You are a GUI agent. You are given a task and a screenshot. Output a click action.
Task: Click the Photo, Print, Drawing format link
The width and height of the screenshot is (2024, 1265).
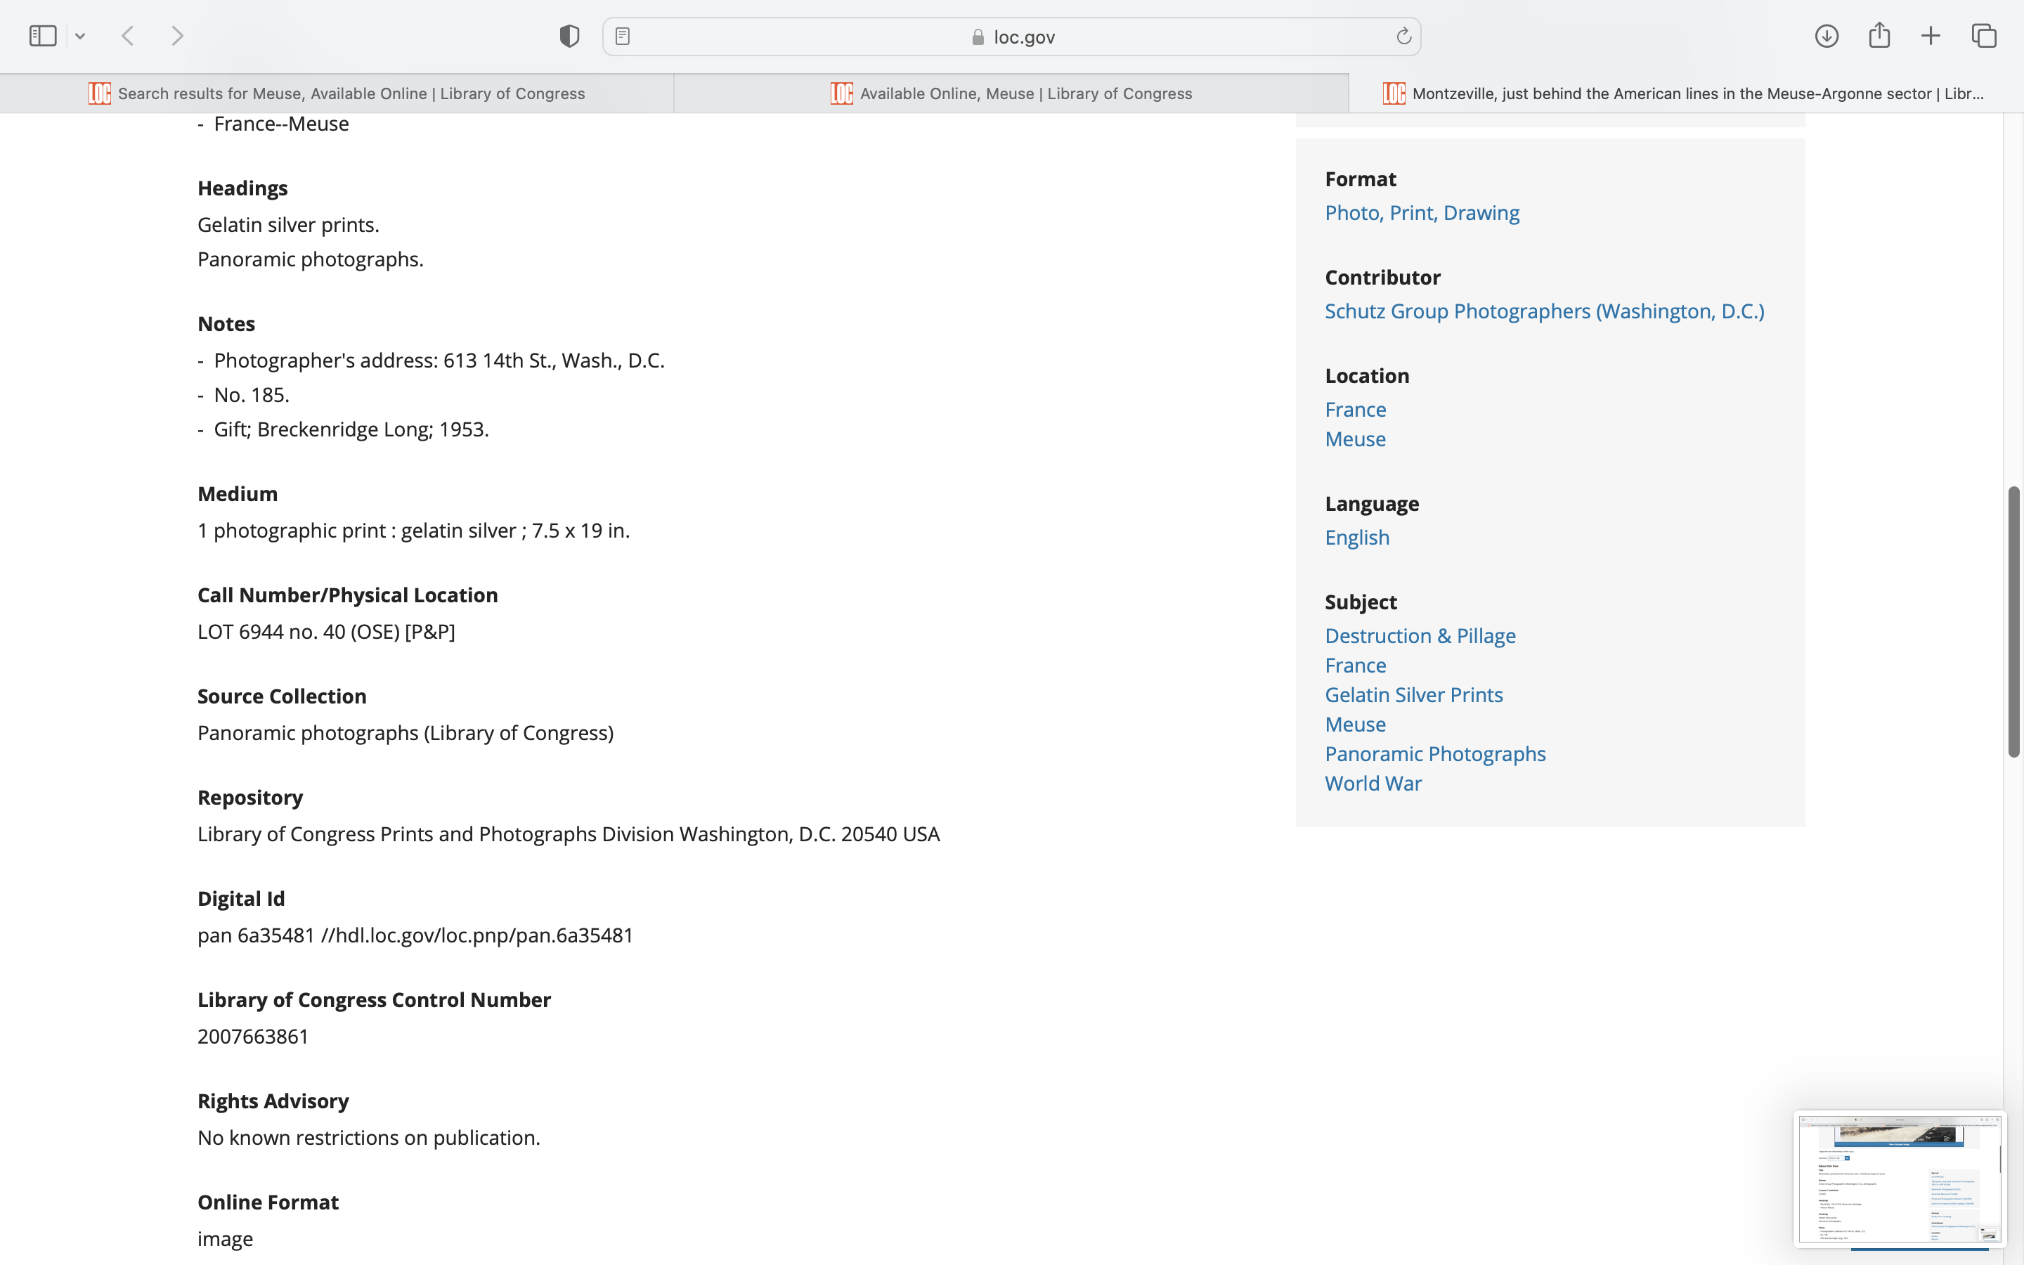(x=1422, y=214)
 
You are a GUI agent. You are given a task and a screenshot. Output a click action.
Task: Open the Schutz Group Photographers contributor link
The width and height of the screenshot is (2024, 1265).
(x=1544, y=311)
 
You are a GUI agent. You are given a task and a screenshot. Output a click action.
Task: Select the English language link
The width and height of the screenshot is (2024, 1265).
(x=1356, y=538)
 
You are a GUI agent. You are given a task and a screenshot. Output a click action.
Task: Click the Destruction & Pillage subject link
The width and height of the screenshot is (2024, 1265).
(x=1420, y=636)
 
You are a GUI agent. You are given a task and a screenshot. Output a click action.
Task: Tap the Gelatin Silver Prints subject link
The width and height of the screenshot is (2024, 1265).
(x=1413, y=695)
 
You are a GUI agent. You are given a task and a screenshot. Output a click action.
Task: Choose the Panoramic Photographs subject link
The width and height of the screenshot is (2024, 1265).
(x=1434, y=754)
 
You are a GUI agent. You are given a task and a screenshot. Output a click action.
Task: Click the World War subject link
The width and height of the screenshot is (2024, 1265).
(x=1373, y=784)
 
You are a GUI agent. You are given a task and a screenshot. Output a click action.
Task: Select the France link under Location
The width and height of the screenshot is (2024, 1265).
(x=1355, y=410)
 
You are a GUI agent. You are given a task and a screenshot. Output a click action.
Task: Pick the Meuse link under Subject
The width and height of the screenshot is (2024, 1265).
(x=1355, y=725)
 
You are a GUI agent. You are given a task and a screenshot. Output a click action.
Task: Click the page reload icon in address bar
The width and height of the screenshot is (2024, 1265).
(x=1403, y=37)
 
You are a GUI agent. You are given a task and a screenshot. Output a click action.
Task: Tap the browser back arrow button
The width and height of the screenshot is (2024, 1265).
(x=128, y=36)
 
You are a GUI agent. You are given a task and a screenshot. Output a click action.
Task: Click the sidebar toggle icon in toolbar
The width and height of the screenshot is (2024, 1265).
(x=43, y=36)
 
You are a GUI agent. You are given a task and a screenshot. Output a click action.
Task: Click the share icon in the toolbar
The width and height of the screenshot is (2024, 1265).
(x=1879, y=35)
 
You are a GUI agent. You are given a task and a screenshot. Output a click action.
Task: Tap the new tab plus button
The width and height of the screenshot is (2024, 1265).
(x=1931, y=36)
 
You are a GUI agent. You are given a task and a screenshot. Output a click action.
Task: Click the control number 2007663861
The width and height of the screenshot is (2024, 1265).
(x=252, y=1037)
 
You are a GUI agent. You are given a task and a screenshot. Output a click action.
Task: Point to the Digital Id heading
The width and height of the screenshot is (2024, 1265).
(x=241, y=899)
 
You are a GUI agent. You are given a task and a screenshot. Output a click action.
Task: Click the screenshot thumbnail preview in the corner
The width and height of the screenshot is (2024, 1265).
(x=1898, y=1178)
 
